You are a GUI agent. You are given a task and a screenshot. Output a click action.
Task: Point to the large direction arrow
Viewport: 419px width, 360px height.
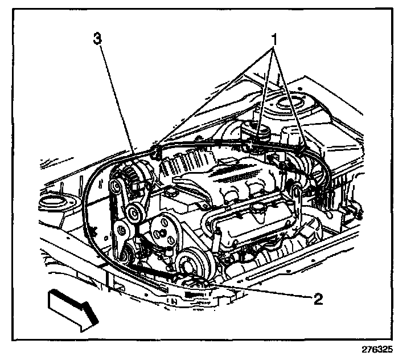click(71, 307)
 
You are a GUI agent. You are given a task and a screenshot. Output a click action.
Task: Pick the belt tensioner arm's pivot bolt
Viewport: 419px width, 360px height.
click(122, 230)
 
